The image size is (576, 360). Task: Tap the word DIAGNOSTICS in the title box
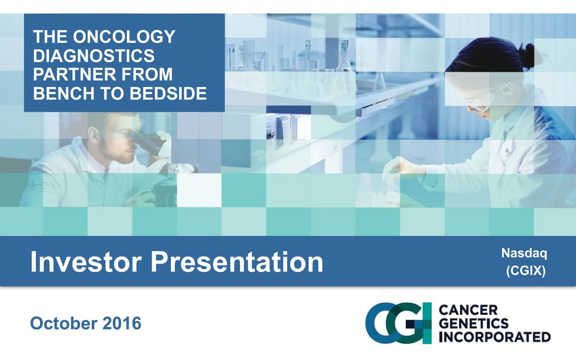point(94,56)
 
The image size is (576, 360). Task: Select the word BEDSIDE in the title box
point(168,93)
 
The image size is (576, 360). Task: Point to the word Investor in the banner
point(86,262)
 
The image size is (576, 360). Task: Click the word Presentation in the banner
point(237,262)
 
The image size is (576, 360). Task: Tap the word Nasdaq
point(524,254)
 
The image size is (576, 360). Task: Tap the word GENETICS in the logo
point(473,323)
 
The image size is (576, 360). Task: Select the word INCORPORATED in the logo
point(494,337)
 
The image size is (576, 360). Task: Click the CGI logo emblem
point(398,323)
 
